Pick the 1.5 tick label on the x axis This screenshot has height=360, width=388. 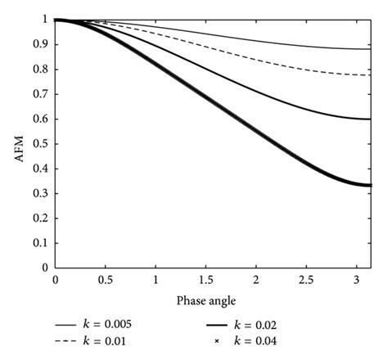pyautogui.click(x=206, y=281)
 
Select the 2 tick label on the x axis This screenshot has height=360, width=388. pyautogui.click(x=257, y=281)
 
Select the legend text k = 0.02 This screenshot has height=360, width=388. pyautogui.click(x=269, y=323)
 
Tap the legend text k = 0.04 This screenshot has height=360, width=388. pyautogui.click(x=269, y=340)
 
